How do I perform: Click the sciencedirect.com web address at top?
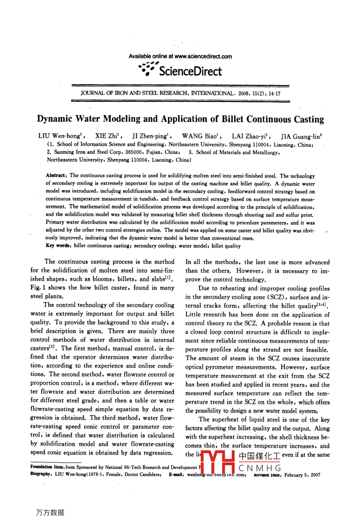(x=203, y=57)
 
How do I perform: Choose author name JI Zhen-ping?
(x=149, y=136)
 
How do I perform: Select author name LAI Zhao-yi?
(x=250, y=136)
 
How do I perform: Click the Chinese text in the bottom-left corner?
(x=50, y=512)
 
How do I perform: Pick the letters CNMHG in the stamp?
(x=260, y=468)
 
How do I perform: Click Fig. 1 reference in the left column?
(x=37, y=288)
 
